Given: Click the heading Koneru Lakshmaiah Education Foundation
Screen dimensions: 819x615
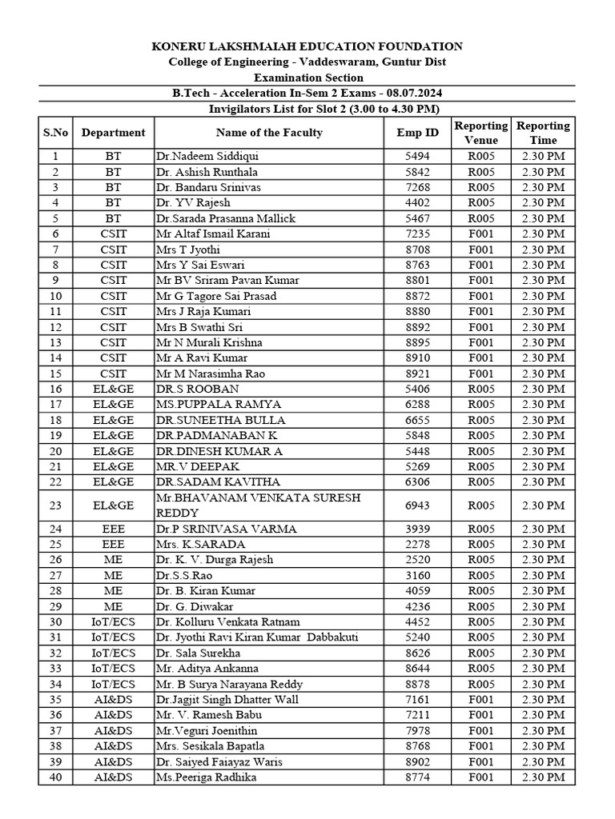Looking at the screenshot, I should click(x=307, y=47).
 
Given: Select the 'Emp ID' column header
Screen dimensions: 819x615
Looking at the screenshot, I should click(x=417, y=133).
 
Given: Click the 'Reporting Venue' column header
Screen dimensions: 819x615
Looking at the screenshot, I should click(x=480, y=133).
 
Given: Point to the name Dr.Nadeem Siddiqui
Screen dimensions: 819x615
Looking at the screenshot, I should click(x=207, y=157).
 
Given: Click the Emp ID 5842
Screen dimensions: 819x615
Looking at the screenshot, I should click(x=417, y=172).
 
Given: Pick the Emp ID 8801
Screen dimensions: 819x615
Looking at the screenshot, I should click(x=417, y=281).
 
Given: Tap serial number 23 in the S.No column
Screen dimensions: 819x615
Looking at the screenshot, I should click(x=55, y=505).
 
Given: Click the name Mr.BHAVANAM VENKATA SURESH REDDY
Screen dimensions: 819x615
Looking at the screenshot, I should click(x=258, y=505).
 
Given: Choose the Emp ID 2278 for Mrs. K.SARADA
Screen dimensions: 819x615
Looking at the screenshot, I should click(x=417, y=545).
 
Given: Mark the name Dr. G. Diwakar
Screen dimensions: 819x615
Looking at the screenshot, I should click(x=196, y=607).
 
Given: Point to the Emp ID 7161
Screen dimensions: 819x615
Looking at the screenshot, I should click(x=417, y=700).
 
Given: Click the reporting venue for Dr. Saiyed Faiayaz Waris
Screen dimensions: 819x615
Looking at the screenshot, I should click(x=480, y=762).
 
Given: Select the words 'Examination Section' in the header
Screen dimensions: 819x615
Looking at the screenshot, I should click(x=308, y=78).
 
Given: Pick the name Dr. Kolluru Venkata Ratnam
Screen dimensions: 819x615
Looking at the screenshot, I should click(x=228, y=622).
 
